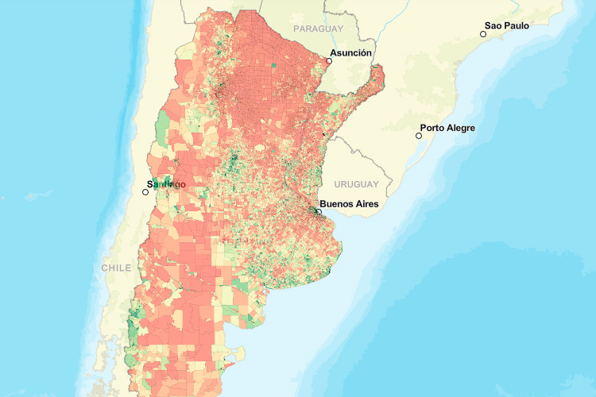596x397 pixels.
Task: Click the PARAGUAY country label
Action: pos(318,29)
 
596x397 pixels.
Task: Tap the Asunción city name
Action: pos(350,53)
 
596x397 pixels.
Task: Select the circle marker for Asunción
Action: pos(329,60)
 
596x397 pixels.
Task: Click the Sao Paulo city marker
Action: pos(483,34)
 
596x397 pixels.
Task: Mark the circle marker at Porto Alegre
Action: pos(419,136)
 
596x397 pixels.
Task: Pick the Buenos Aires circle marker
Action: pos(318,212)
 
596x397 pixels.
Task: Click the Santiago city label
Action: pos(168,184)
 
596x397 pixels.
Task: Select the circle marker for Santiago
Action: pos(145,192)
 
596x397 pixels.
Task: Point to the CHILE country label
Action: pos(116,268)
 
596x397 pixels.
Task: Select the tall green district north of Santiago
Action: pos(164,127)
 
